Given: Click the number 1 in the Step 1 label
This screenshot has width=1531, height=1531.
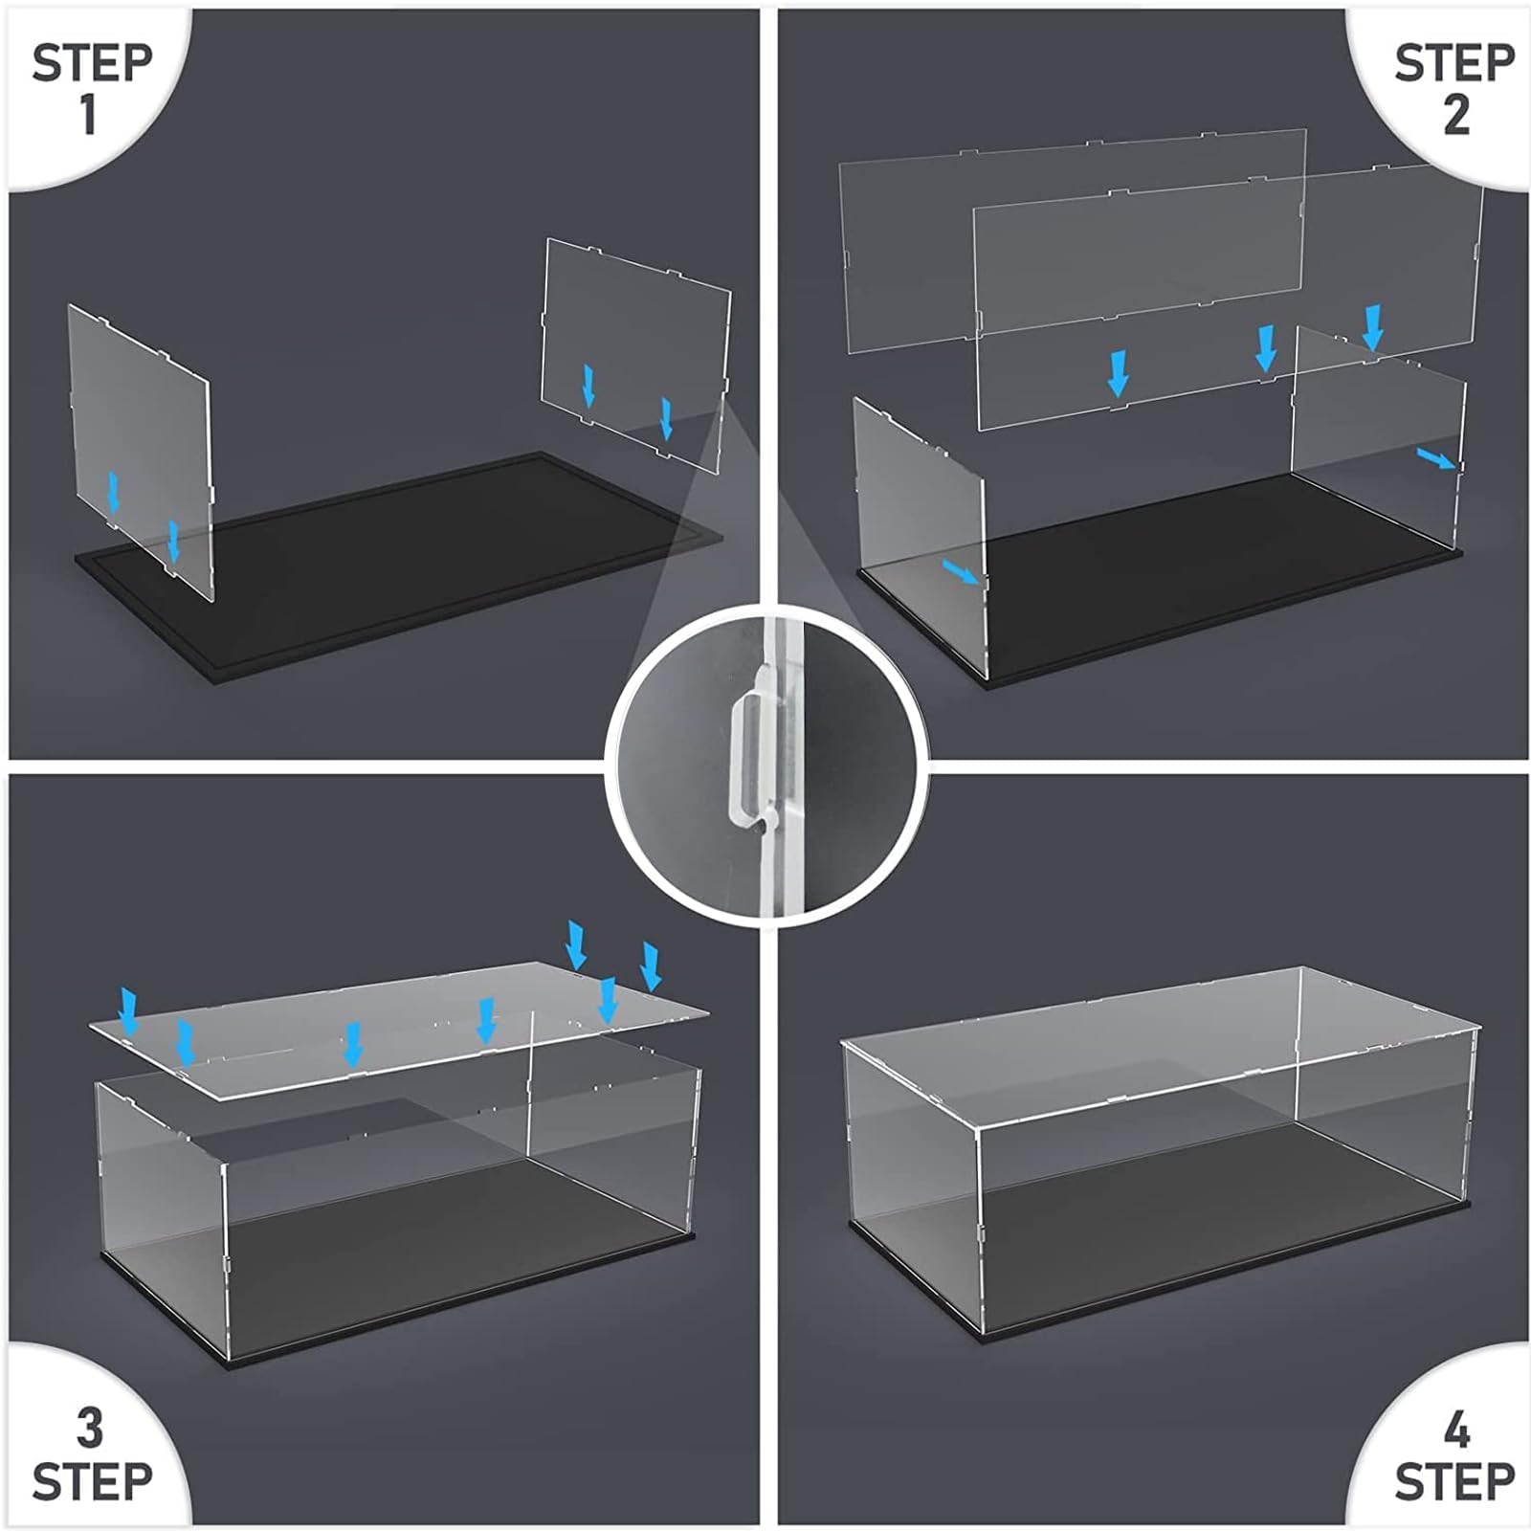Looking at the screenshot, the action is pos(89,114).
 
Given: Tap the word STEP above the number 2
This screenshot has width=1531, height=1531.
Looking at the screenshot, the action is pos(1454,63).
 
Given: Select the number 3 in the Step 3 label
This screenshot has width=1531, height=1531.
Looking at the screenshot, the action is pos(89,1429).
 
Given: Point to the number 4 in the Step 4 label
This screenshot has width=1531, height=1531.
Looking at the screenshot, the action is pos(1455,1430).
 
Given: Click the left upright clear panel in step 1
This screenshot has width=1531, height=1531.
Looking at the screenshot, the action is pos(140,451).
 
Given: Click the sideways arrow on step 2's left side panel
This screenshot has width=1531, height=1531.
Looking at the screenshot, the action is pos(961,572).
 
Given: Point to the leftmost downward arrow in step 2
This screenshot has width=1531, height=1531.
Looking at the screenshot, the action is pos(1117,373).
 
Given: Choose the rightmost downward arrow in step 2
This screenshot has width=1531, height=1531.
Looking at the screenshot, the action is pos(1373,328).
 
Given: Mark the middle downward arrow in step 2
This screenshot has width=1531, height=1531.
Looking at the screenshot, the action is pos(1266,348).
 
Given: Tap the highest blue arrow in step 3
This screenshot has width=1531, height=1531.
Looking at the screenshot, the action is pos(576,945).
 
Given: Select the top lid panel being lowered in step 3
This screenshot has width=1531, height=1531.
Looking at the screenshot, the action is pos(399,1029).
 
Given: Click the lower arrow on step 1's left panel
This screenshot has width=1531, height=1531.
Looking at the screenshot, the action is pos(173,543).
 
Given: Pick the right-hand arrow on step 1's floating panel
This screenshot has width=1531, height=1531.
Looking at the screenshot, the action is pos(666,419).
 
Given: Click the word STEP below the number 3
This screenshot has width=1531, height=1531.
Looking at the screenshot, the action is pos(93,1482).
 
